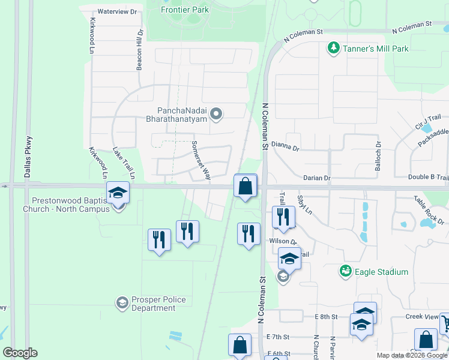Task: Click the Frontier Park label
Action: point(185,10)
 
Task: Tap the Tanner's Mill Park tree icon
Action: point(333,47)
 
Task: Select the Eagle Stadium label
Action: point(381,272)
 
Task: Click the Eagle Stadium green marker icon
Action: point(345,272)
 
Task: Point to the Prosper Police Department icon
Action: point(122,301)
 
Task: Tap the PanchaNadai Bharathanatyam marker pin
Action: point(218,113)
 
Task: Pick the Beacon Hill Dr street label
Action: point(139,50)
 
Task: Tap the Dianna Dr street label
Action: point(285,145)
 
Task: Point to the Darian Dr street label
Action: point(317,178)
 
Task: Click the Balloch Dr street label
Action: point(378,152)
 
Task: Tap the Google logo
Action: point(20,353)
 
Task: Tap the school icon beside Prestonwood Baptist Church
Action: point(118,193)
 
